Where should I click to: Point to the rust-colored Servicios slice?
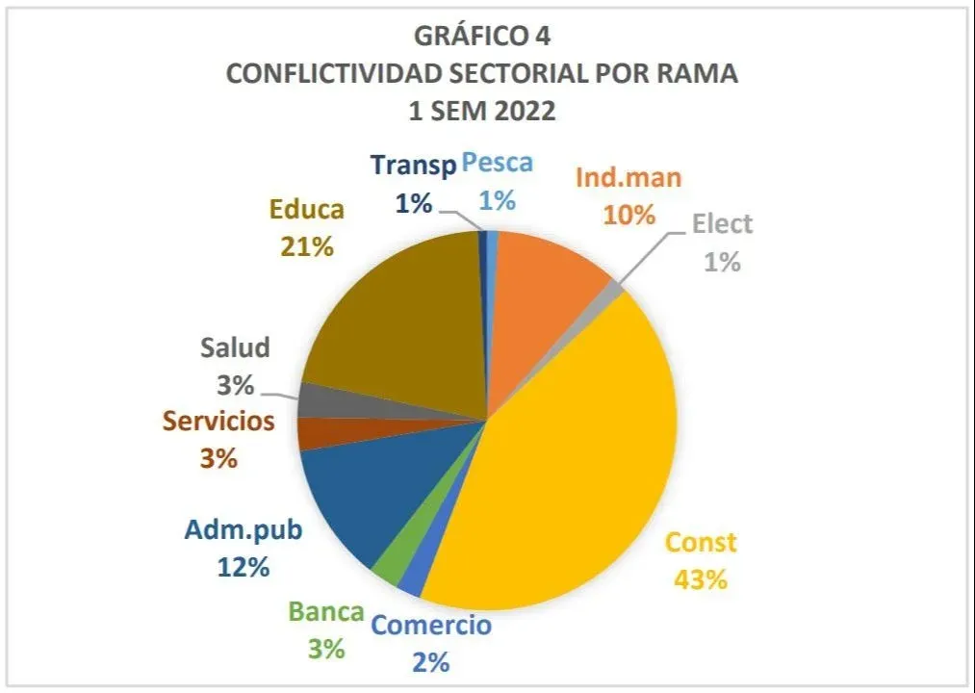pyautogui.click(x=310, y=434)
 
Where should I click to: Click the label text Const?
pyautogui.click(x=701, y=542)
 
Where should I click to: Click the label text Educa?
pyautogui.click(x=306, y=209)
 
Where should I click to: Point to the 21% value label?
pyautogui.click(x=306, y=246)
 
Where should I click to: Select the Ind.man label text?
pyautogui.click(x=628, y=177)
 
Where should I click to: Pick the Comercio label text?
pyautogui.click(x=431, y=625)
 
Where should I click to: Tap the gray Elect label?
pyautogui.click(x=722, y=224)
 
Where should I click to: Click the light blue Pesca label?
pyautogui.click(x=497, y=163)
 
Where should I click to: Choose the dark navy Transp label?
pyautogui.click(x=412, y=166)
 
